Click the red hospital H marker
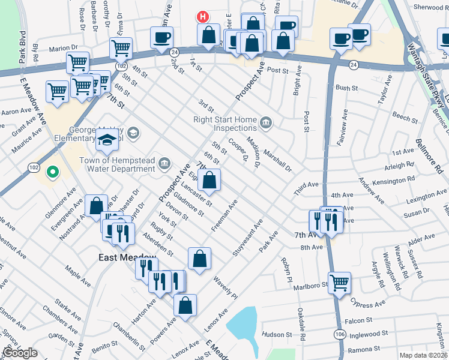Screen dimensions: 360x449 (203, 17)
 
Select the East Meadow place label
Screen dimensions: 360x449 (127, 257)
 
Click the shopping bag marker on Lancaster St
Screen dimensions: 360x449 (209, 179)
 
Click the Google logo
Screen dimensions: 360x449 (20, 353)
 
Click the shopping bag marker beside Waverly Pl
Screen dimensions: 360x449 (200, 258)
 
